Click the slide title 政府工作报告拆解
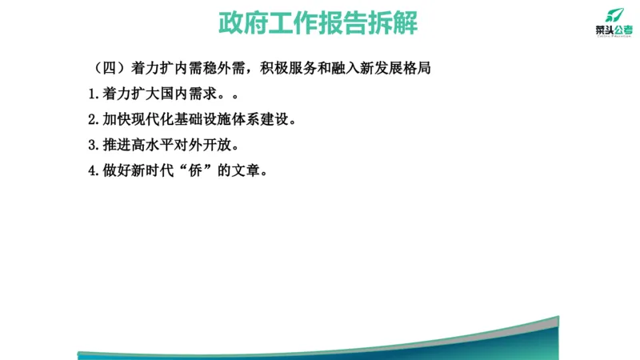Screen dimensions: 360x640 pyautogui.click(x=318, y=23)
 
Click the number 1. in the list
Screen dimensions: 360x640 pyautogui.click(x=94, y=94)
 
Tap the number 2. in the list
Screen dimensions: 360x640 pyautogui.click(x=94, y=120)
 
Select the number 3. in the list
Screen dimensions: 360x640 pyautogui.click(x=94, y=146)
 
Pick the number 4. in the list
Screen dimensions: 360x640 pyautogui.click(x=94, y=171)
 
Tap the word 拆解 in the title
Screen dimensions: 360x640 pyautogui.click(x=393, y=23)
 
